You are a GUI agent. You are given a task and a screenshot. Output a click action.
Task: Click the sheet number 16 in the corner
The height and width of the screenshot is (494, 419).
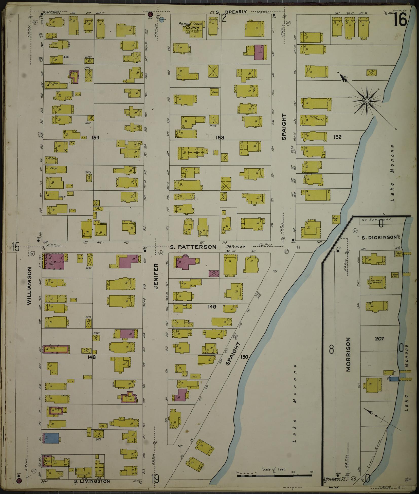point(400,21)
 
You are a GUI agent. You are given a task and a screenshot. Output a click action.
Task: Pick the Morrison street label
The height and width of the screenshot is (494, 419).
point(348,354)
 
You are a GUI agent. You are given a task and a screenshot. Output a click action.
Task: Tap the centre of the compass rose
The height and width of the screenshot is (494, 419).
point(367,101)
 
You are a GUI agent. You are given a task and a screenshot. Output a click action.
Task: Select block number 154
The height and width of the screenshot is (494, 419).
point(96,138)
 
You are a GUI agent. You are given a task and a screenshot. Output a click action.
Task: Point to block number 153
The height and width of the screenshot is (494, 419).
point(220,138)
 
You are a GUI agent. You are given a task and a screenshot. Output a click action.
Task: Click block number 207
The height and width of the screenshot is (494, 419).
point(379,338)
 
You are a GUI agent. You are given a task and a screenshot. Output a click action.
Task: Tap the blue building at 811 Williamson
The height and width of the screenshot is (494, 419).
point(51,438)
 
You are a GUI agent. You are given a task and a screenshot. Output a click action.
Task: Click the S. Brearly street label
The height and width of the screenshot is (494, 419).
point(231,12)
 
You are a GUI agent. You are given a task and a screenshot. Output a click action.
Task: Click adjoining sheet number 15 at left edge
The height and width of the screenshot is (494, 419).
point(15,247)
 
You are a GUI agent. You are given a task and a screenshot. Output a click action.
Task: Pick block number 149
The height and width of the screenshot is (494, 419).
point(212,307)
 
